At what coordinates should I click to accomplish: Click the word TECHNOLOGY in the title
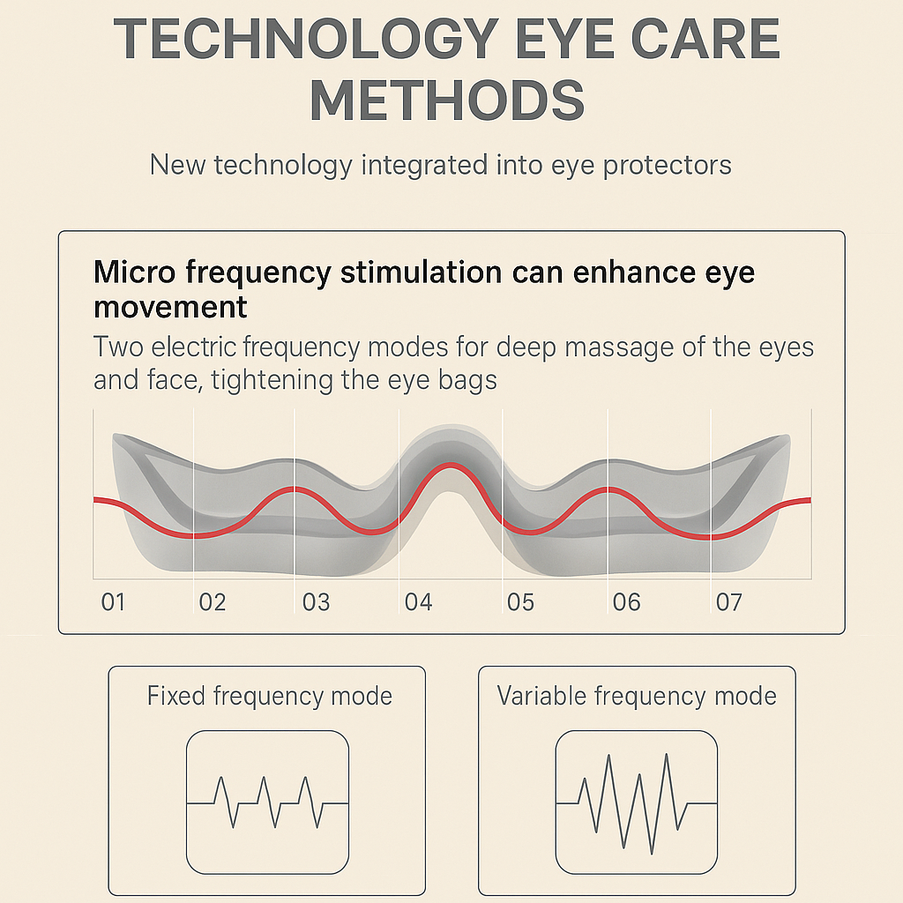(303, 39)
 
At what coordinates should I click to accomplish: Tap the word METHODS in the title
(447, 101)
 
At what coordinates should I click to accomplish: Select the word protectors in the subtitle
(668, 165)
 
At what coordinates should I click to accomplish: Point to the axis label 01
(113, 603)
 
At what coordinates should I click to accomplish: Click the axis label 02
(213, 603)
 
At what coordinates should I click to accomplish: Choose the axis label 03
(316, 603)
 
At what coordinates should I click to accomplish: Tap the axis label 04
(418, 603)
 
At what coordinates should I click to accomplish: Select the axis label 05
(520, 603)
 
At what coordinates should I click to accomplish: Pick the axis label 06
(626, 603)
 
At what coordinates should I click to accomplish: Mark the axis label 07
(728, 603)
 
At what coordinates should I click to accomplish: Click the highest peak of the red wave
(451, 466)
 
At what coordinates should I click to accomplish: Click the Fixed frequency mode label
(269, 697)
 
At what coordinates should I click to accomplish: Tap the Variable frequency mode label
(637, 697)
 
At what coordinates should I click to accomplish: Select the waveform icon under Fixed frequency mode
(268, 802)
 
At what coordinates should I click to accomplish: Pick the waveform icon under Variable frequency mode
(636, 802)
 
